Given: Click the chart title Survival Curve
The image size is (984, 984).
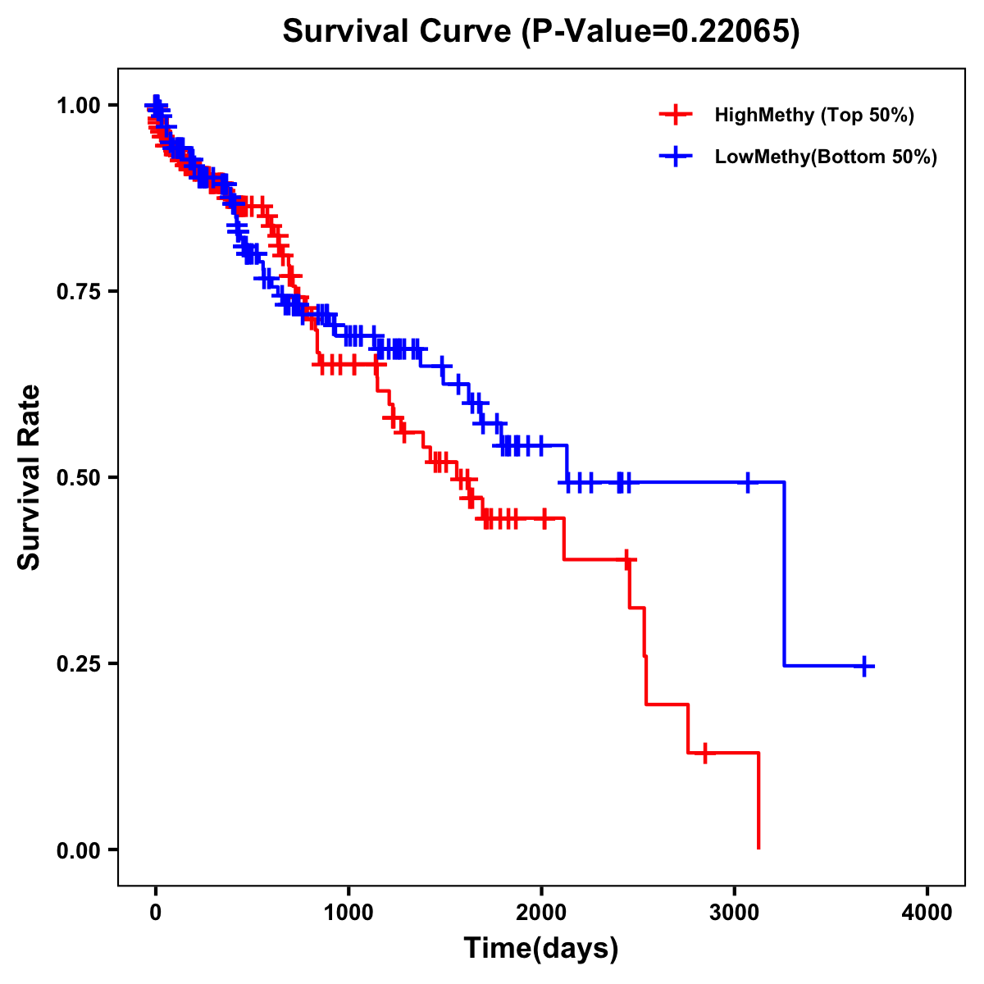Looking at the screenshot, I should [540, 32].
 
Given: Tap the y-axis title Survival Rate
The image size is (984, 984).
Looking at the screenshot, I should [30, 476].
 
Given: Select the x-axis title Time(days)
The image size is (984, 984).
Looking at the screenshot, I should [541, 949].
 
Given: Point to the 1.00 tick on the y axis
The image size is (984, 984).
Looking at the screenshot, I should [80, 106].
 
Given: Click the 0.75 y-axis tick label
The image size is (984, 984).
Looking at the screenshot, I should [80, 292].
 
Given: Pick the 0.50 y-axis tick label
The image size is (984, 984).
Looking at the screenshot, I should [80, 478].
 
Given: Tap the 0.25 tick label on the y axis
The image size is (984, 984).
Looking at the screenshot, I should [80, 664].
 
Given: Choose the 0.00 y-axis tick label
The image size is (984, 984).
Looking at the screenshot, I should [80, 850].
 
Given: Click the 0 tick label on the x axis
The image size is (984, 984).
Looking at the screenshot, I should [156, 913].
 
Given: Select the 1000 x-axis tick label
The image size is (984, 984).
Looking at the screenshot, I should [348, 913].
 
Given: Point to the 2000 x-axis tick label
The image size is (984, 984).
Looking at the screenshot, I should [541, 913].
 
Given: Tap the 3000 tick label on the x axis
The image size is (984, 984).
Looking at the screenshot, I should [735, 913].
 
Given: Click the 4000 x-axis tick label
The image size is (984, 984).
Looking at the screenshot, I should [927, 913].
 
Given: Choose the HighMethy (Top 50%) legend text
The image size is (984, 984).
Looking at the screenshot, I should [813, 115].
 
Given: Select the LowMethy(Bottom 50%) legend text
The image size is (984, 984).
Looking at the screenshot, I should [825, 157].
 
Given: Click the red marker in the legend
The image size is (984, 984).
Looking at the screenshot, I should [676, 115].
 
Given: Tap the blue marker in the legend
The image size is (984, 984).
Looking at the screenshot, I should [676, 157].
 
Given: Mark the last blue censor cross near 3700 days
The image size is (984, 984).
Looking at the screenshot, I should [864, 666].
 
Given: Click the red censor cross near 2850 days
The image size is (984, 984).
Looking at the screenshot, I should [704, 752].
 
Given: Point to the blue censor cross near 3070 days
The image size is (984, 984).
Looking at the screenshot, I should [747, 482].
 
